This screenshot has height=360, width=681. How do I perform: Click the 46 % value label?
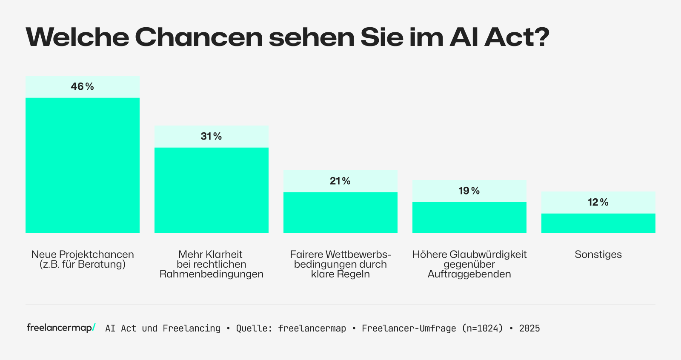82,86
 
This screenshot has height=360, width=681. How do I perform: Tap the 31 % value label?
211,136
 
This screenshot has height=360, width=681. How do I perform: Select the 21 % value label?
340,181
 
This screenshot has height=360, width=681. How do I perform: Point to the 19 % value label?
469,191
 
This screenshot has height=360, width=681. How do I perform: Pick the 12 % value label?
598,202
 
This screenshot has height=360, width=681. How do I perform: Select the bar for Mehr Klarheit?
211,190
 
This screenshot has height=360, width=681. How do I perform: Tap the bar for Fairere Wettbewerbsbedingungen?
340,212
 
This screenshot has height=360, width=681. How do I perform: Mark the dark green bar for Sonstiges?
598,223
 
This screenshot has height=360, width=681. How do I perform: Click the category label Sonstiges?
598,254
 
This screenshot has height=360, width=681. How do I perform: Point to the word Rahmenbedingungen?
211,274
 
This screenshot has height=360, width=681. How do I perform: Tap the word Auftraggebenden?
469,274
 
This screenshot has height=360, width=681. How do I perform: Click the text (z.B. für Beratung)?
82,264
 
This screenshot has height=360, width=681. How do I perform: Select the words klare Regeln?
340,274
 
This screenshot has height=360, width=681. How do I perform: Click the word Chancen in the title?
199,37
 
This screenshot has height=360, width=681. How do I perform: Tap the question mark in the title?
541,37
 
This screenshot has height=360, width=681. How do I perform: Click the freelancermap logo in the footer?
61,328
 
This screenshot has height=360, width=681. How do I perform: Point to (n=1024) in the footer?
482,328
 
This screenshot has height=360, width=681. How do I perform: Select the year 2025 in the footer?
529,328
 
